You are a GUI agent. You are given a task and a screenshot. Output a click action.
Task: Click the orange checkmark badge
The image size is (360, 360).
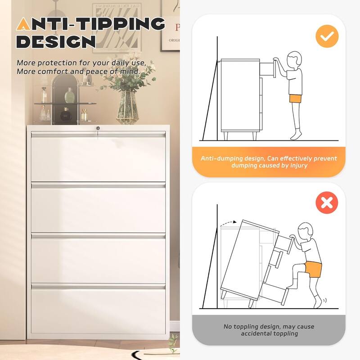(327, 36)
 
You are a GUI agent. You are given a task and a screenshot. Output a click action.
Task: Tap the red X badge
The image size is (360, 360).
(327, 203)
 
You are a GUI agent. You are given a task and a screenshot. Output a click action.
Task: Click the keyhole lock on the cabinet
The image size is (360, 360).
(98, 129)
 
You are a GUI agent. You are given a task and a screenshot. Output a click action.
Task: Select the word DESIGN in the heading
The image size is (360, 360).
(56, 41)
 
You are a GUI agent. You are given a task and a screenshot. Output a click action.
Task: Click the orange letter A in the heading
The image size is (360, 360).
(23, 24)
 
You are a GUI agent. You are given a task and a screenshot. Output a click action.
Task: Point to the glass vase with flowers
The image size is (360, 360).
(127, 108)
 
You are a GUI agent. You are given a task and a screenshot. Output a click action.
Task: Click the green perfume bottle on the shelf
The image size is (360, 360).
(69, 95)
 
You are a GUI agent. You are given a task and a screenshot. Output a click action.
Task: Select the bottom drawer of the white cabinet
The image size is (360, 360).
(98, 310)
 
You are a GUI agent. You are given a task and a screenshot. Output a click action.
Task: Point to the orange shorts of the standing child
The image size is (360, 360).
(295, 99)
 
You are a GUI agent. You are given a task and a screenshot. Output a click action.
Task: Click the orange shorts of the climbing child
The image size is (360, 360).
(313, 270)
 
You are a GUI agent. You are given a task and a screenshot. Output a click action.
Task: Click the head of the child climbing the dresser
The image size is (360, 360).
(306, 231)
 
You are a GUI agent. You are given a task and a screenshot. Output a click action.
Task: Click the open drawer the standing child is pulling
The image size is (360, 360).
(267, 68)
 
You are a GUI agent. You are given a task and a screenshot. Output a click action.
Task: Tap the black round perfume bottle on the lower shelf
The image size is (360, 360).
(66, 115)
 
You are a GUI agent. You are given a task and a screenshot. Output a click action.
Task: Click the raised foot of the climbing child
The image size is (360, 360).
(289, 286)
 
